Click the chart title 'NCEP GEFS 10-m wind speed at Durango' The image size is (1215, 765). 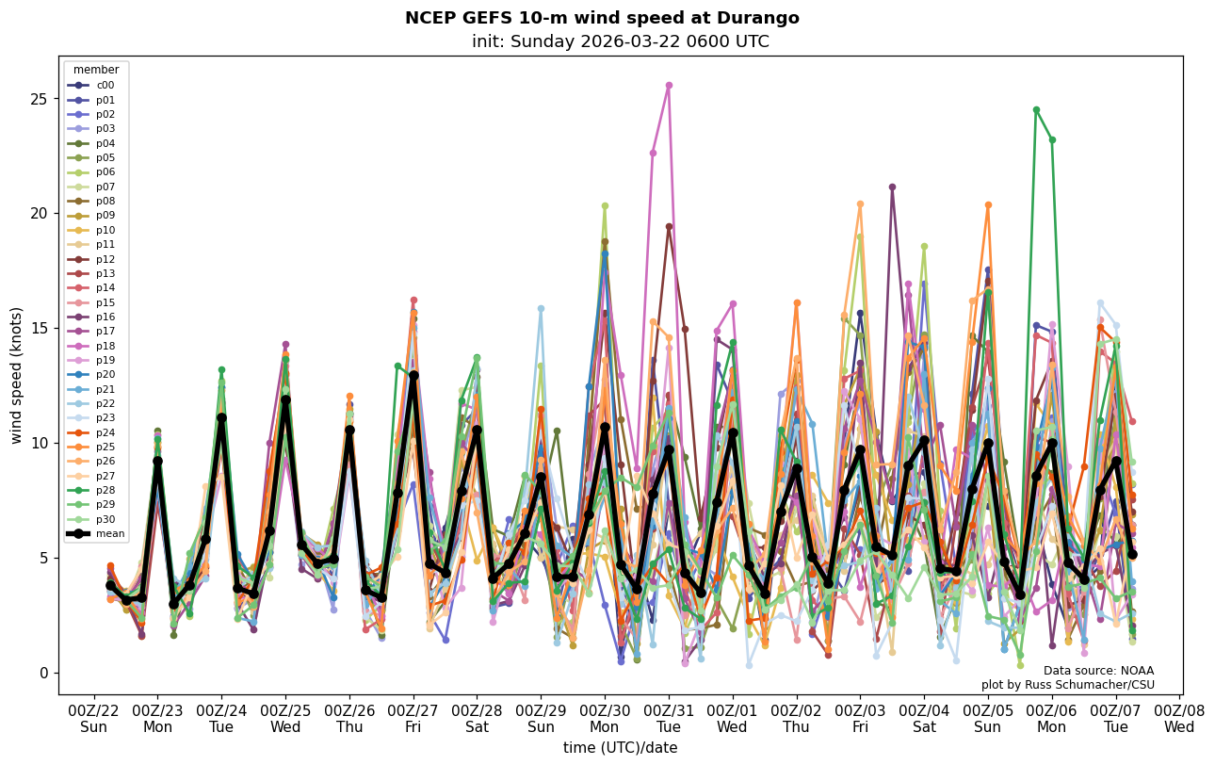[x=602, y=18]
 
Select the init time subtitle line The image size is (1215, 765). [x=620, y=41]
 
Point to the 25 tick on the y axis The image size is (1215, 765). [x=37, y=98]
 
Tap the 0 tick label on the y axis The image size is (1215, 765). [x=41, y=673]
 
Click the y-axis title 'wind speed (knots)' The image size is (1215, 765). [x=16, y=375]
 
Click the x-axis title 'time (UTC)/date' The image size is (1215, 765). [x=620, y=747]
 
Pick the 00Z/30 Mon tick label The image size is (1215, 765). [x=604, y=718]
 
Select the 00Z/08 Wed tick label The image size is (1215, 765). [x=1179, y=718]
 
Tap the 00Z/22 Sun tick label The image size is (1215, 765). [x=93, y=718]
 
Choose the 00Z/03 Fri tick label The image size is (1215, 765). [x=860, y=718]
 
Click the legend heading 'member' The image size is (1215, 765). [x=96, y=70]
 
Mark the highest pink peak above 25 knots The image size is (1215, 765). [x=669, y=85]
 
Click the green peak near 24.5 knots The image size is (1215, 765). [x=1036, y=109]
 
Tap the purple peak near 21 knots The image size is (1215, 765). [x=892, y=187]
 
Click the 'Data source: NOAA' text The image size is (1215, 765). [x=1098, y=671]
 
